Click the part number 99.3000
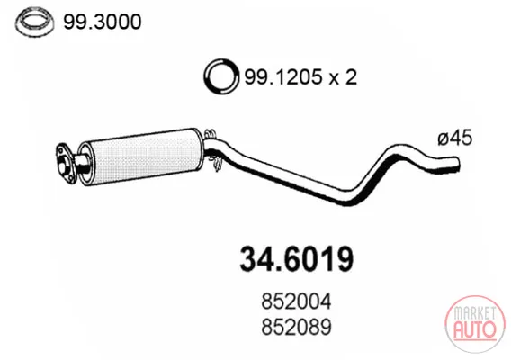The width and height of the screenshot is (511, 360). [103, 22]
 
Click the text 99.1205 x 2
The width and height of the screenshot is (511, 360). [300, 77]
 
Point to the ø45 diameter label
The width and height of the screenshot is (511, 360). [455, 138]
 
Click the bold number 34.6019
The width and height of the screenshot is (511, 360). [296, 259]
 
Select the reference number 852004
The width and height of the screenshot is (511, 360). [296, 301]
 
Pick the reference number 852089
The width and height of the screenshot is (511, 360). [296, 327]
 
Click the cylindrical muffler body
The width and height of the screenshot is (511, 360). [140, 157]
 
